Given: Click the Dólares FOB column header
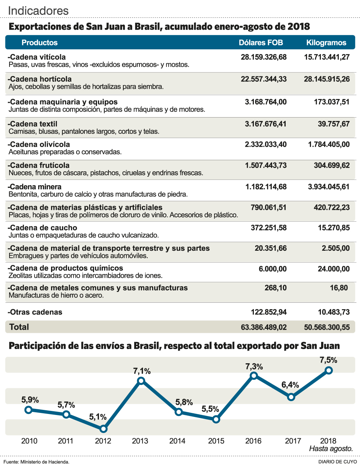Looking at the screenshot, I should pos(261,43).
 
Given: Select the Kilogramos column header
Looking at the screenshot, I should pos(326,43).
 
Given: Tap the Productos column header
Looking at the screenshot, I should pos(40,43).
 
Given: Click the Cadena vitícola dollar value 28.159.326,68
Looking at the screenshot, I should pos(264,57).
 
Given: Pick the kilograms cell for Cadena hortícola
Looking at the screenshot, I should pos(327,79).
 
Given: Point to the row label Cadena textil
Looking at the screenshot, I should pos(33,124).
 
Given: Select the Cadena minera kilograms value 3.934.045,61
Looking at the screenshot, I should pos(329,187).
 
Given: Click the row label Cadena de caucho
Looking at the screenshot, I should pos(43,228).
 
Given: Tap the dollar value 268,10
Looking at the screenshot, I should pos(275,288).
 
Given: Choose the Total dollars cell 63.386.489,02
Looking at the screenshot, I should pos(264,327).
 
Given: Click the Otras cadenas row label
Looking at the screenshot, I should pos(35,312).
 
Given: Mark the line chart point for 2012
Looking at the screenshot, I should pos(103,429).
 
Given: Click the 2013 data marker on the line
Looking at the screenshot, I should pos(141,381).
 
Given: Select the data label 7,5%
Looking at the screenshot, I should pos(329,360).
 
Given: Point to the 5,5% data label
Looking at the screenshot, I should pos(210,409).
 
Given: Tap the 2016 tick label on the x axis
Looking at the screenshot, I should pos(253,441).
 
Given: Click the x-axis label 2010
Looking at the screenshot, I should pos(29,441).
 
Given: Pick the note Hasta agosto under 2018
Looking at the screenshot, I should pos(331,449).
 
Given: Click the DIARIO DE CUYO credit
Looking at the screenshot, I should pos(337,462).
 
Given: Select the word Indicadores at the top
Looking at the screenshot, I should pos(38,11).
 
